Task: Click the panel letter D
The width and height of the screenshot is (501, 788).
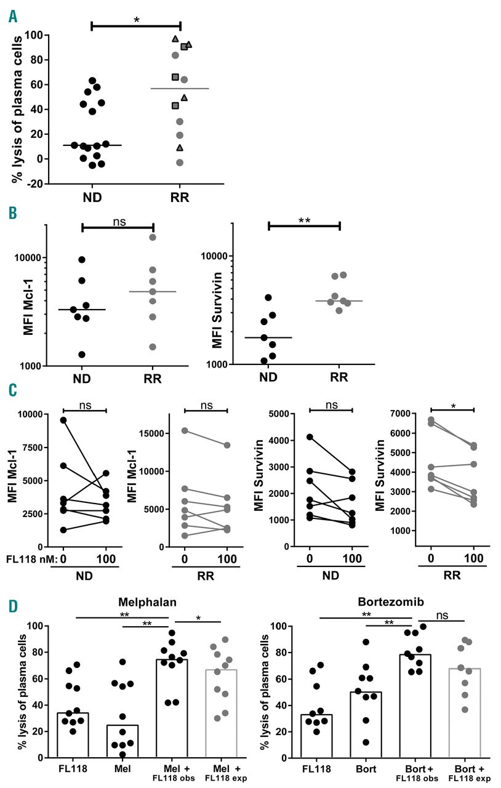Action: tap(13, 606)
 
